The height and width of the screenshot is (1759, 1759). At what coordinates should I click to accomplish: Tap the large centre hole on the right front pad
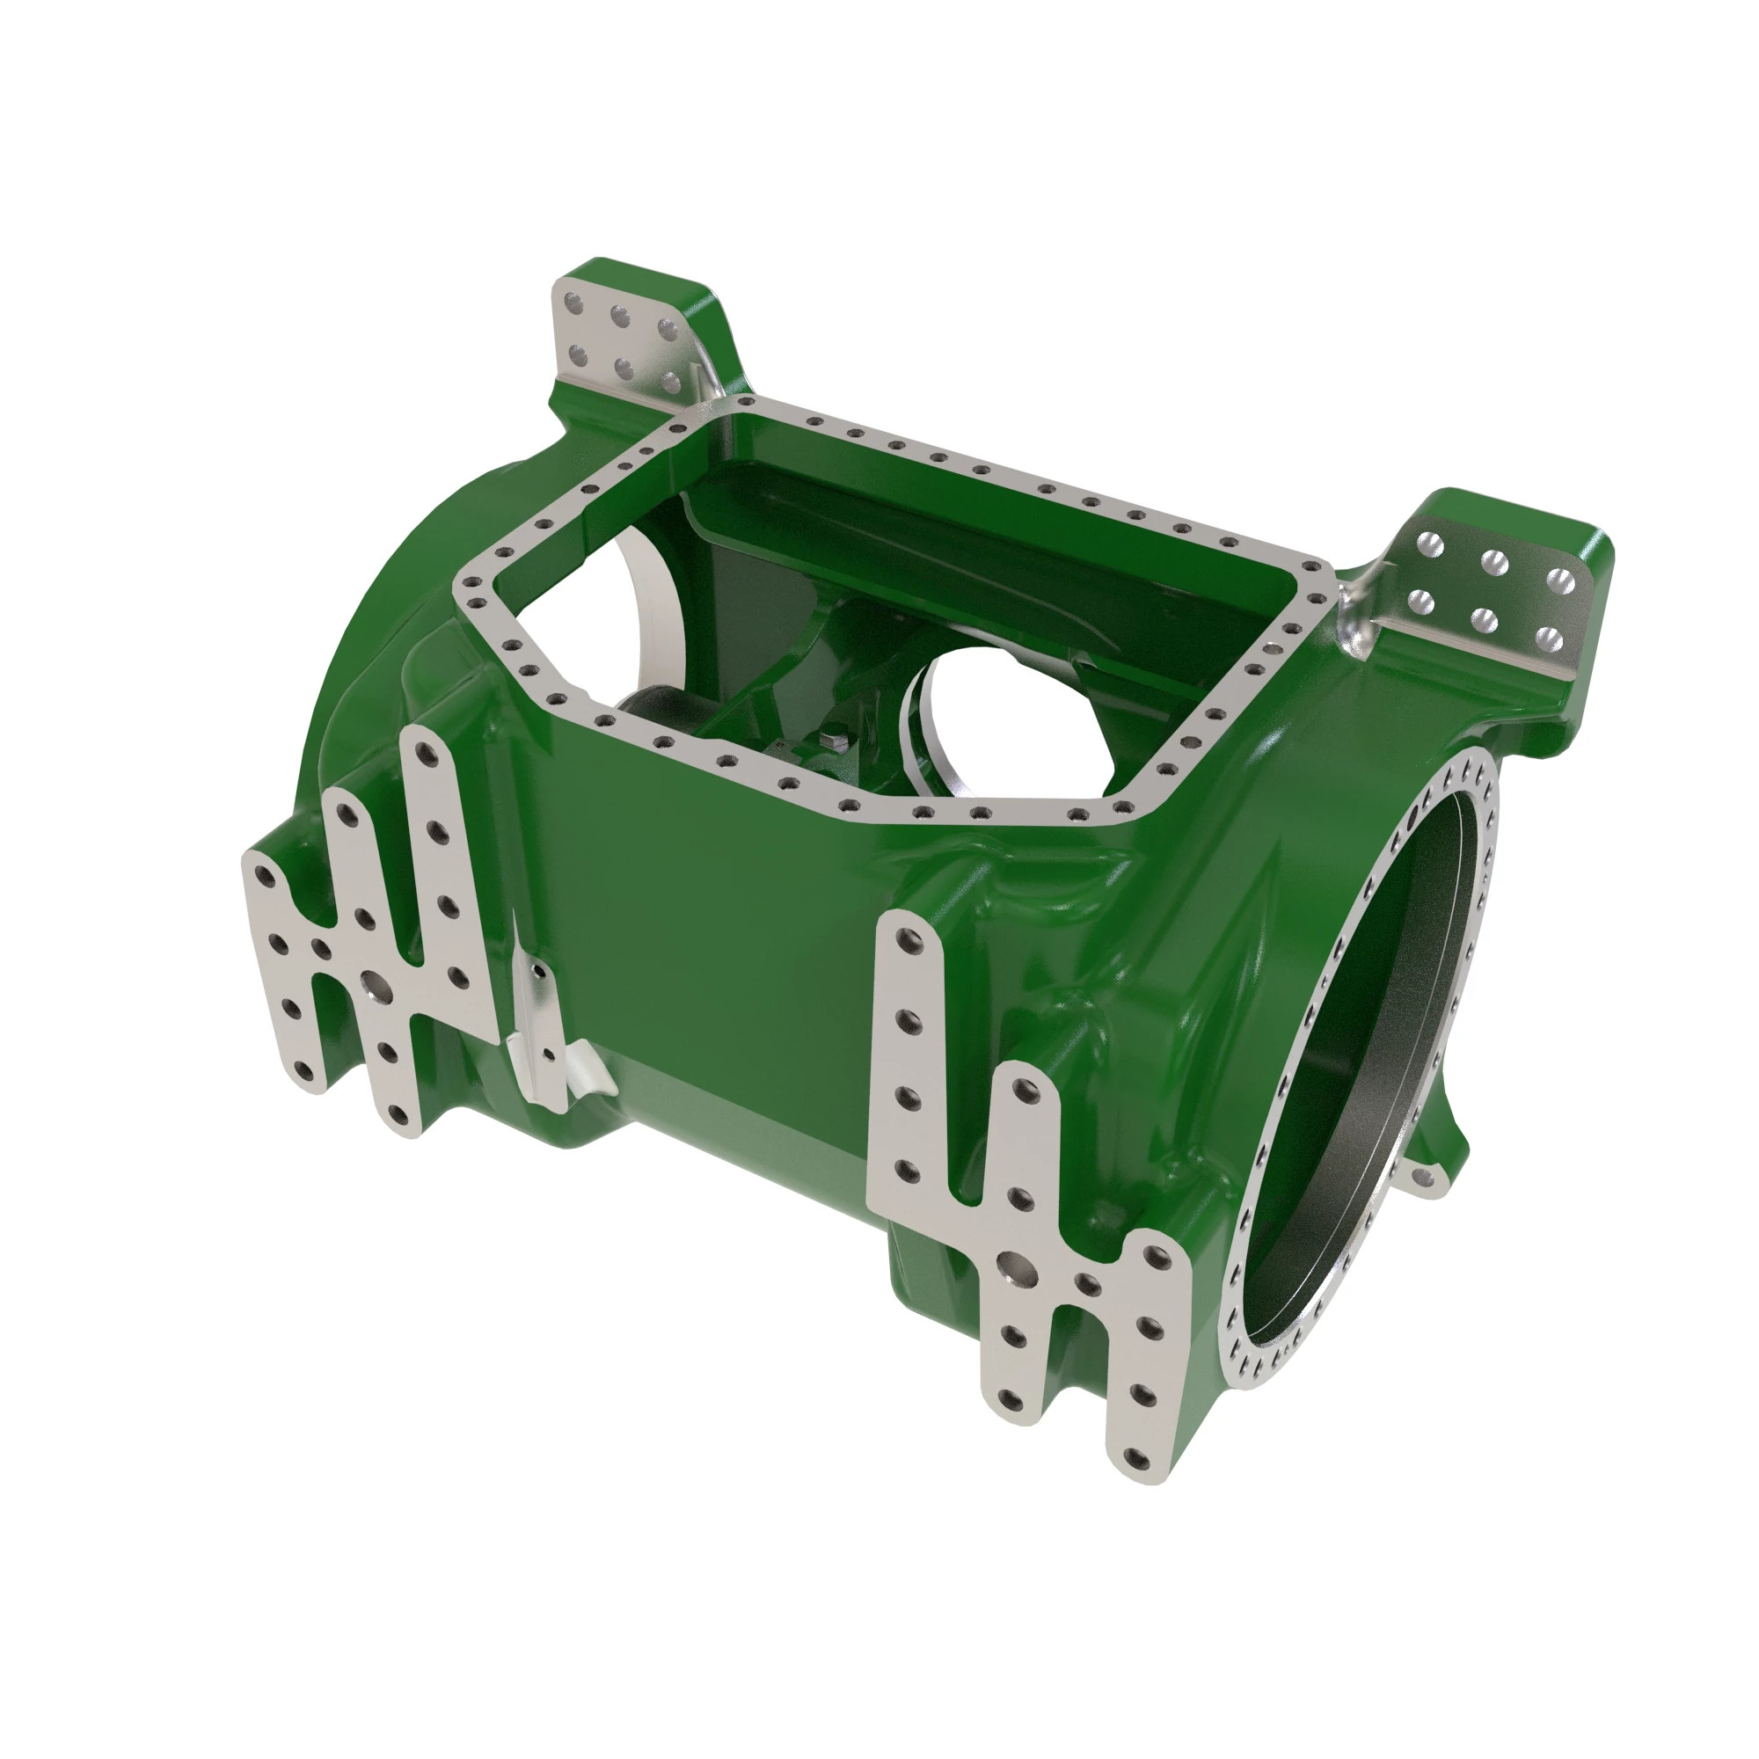(x=1011, y=1264)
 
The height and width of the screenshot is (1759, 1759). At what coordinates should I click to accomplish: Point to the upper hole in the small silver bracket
(x=538, y=972)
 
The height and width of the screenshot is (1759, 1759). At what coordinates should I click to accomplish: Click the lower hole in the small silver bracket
(x=548, y=1054)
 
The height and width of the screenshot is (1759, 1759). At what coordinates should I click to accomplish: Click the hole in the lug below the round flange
(x=1426, y=1181)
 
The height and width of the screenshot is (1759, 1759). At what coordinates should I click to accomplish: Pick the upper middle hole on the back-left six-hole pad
(x=622, y=317)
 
